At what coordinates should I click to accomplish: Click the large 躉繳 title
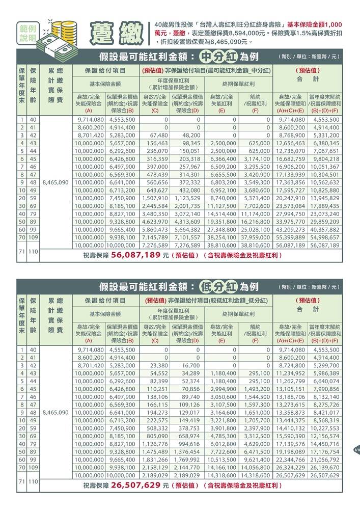117,33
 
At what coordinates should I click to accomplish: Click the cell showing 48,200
188,135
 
